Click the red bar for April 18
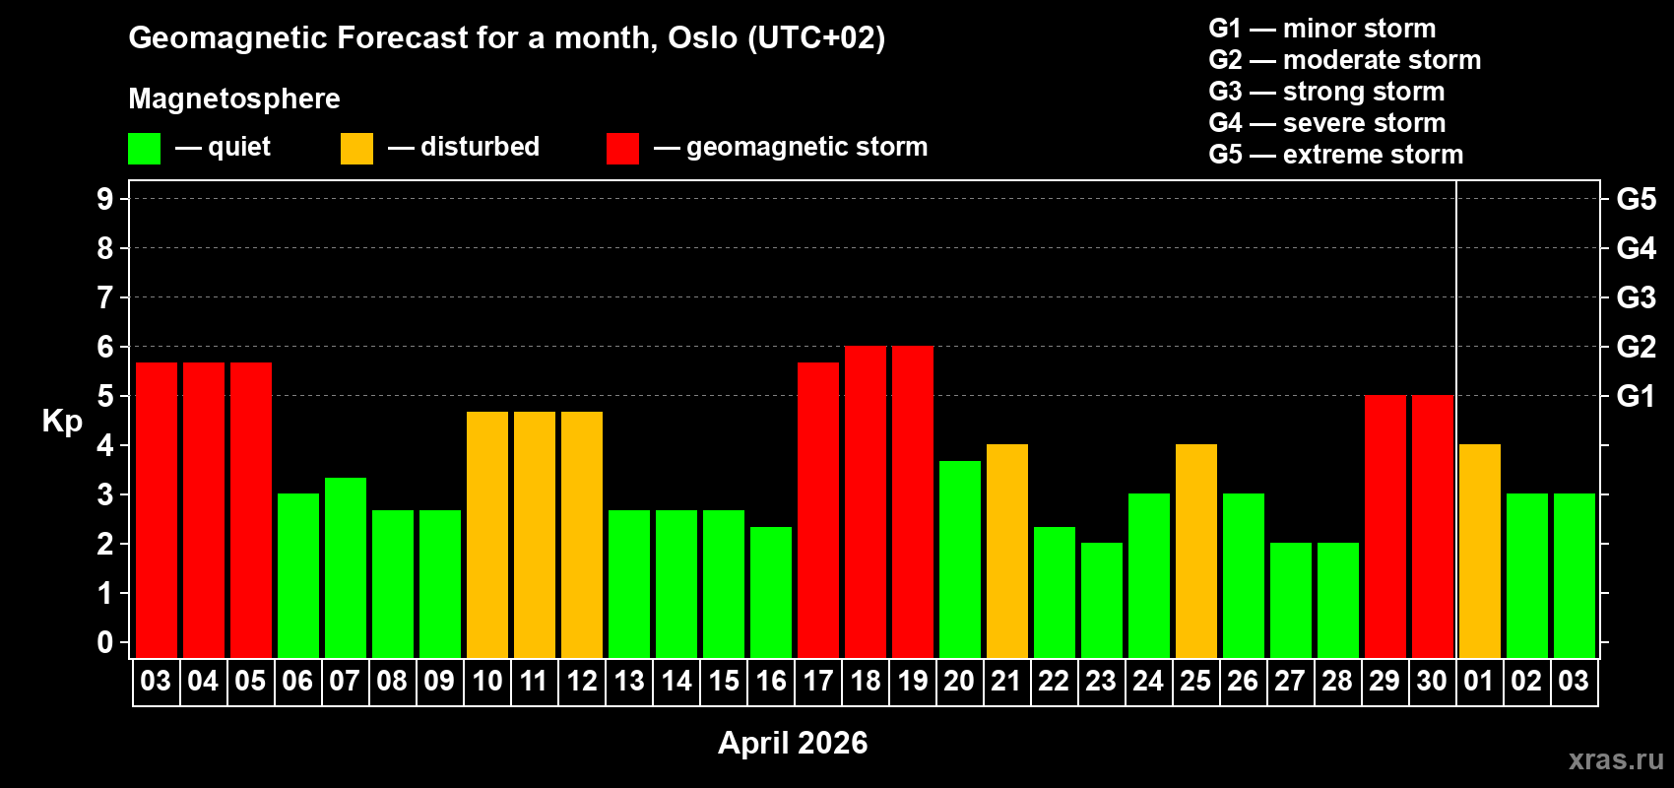coord(866,501)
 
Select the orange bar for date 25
coord(1196,551)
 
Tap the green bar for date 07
coord(346,567)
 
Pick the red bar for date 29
coord(1385,526)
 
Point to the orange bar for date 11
coord(535,534)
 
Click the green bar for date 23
coord(1102,600)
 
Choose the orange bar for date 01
coord(1480,551)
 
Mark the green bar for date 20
coord(960,558)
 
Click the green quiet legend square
coord(145,149)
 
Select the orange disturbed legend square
coord(356,149)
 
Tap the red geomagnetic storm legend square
coord(622,149)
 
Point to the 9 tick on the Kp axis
coord(105,199)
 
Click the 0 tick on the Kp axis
coord(105,642)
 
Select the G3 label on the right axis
coord(1636,297)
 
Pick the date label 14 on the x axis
coord(676,681)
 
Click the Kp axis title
coord(62,421)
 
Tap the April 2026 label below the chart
coord(793,743)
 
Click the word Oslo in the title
coord(702,37)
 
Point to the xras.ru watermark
coord(1616,759)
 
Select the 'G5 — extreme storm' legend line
coord(1335,155)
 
